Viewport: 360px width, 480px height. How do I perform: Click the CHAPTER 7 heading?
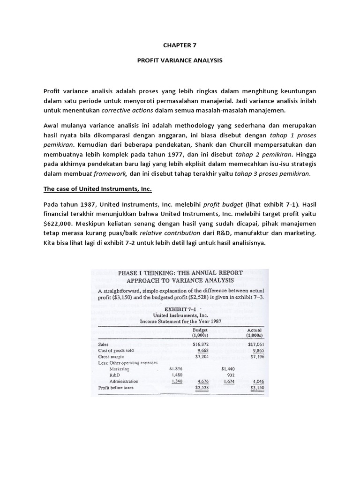180,46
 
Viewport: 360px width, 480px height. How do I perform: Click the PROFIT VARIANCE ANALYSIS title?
180,61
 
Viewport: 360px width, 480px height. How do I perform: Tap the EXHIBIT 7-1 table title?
181,309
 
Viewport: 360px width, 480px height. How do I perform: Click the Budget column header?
203,330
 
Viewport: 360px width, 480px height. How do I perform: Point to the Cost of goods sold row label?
117,350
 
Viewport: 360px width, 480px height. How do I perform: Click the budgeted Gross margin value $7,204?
202,356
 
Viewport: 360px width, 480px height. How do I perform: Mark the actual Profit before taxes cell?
257,388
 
